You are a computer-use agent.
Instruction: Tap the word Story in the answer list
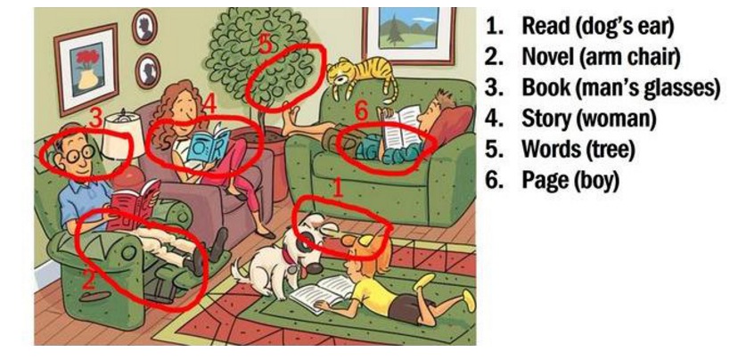pos(547,119)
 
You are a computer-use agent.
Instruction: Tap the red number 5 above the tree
pos(265,45)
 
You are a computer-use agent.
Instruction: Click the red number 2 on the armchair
pos(88,281)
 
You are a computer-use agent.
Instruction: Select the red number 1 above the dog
pos(337,188)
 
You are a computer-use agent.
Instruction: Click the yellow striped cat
pos(363,75)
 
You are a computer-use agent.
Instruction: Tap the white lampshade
pos(123,137)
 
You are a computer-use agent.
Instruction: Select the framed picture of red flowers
pos(86,69)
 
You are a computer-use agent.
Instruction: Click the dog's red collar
pos(289,257)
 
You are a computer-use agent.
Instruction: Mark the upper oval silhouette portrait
pos(144,27)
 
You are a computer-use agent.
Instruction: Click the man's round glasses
pos(78,152)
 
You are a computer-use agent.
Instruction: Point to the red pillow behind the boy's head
pos(451,127)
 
